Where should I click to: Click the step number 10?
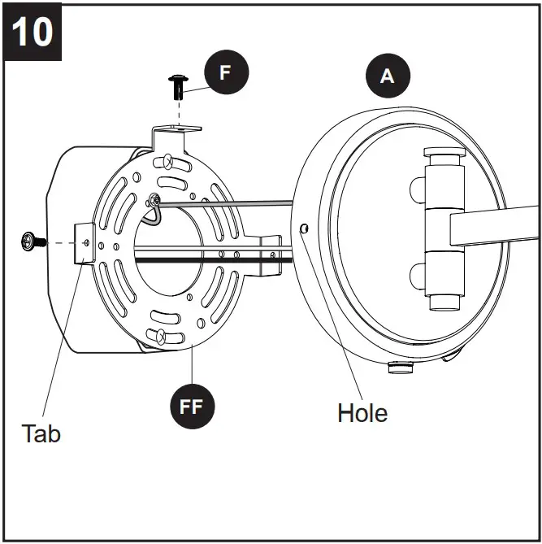33,32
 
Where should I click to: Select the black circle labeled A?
388,76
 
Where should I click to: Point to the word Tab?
41,433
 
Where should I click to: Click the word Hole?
362,412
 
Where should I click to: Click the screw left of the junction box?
32,240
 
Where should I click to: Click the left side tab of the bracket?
84,242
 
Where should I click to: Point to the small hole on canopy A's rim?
303,228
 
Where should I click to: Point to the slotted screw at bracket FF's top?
167,160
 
